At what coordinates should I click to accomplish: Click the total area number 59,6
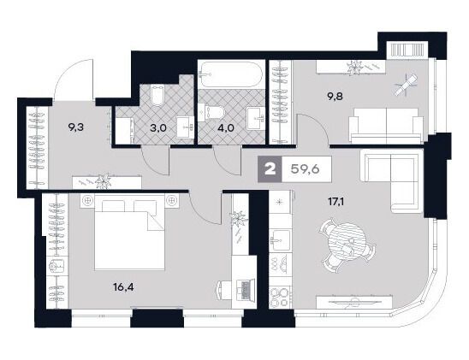click(305, 169)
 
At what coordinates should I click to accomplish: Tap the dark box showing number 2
click(270, 169)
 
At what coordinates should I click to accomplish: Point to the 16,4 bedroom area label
click(123, 287)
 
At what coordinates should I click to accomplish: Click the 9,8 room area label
click(335, 96)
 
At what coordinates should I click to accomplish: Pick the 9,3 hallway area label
click(75, 127)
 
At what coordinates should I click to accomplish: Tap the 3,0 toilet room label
click(158, 128)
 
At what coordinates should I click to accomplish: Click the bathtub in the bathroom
click(231, 74)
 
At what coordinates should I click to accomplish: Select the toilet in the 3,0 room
click(157, 95)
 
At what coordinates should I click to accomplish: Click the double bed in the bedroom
click(130, 232)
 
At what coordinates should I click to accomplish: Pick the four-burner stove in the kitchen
click(280, 298)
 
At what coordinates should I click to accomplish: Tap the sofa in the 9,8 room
click(387, 126)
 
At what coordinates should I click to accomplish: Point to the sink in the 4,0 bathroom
click(254, 119)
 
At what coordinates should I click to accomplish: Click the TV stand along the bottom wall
click(353, 302)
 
